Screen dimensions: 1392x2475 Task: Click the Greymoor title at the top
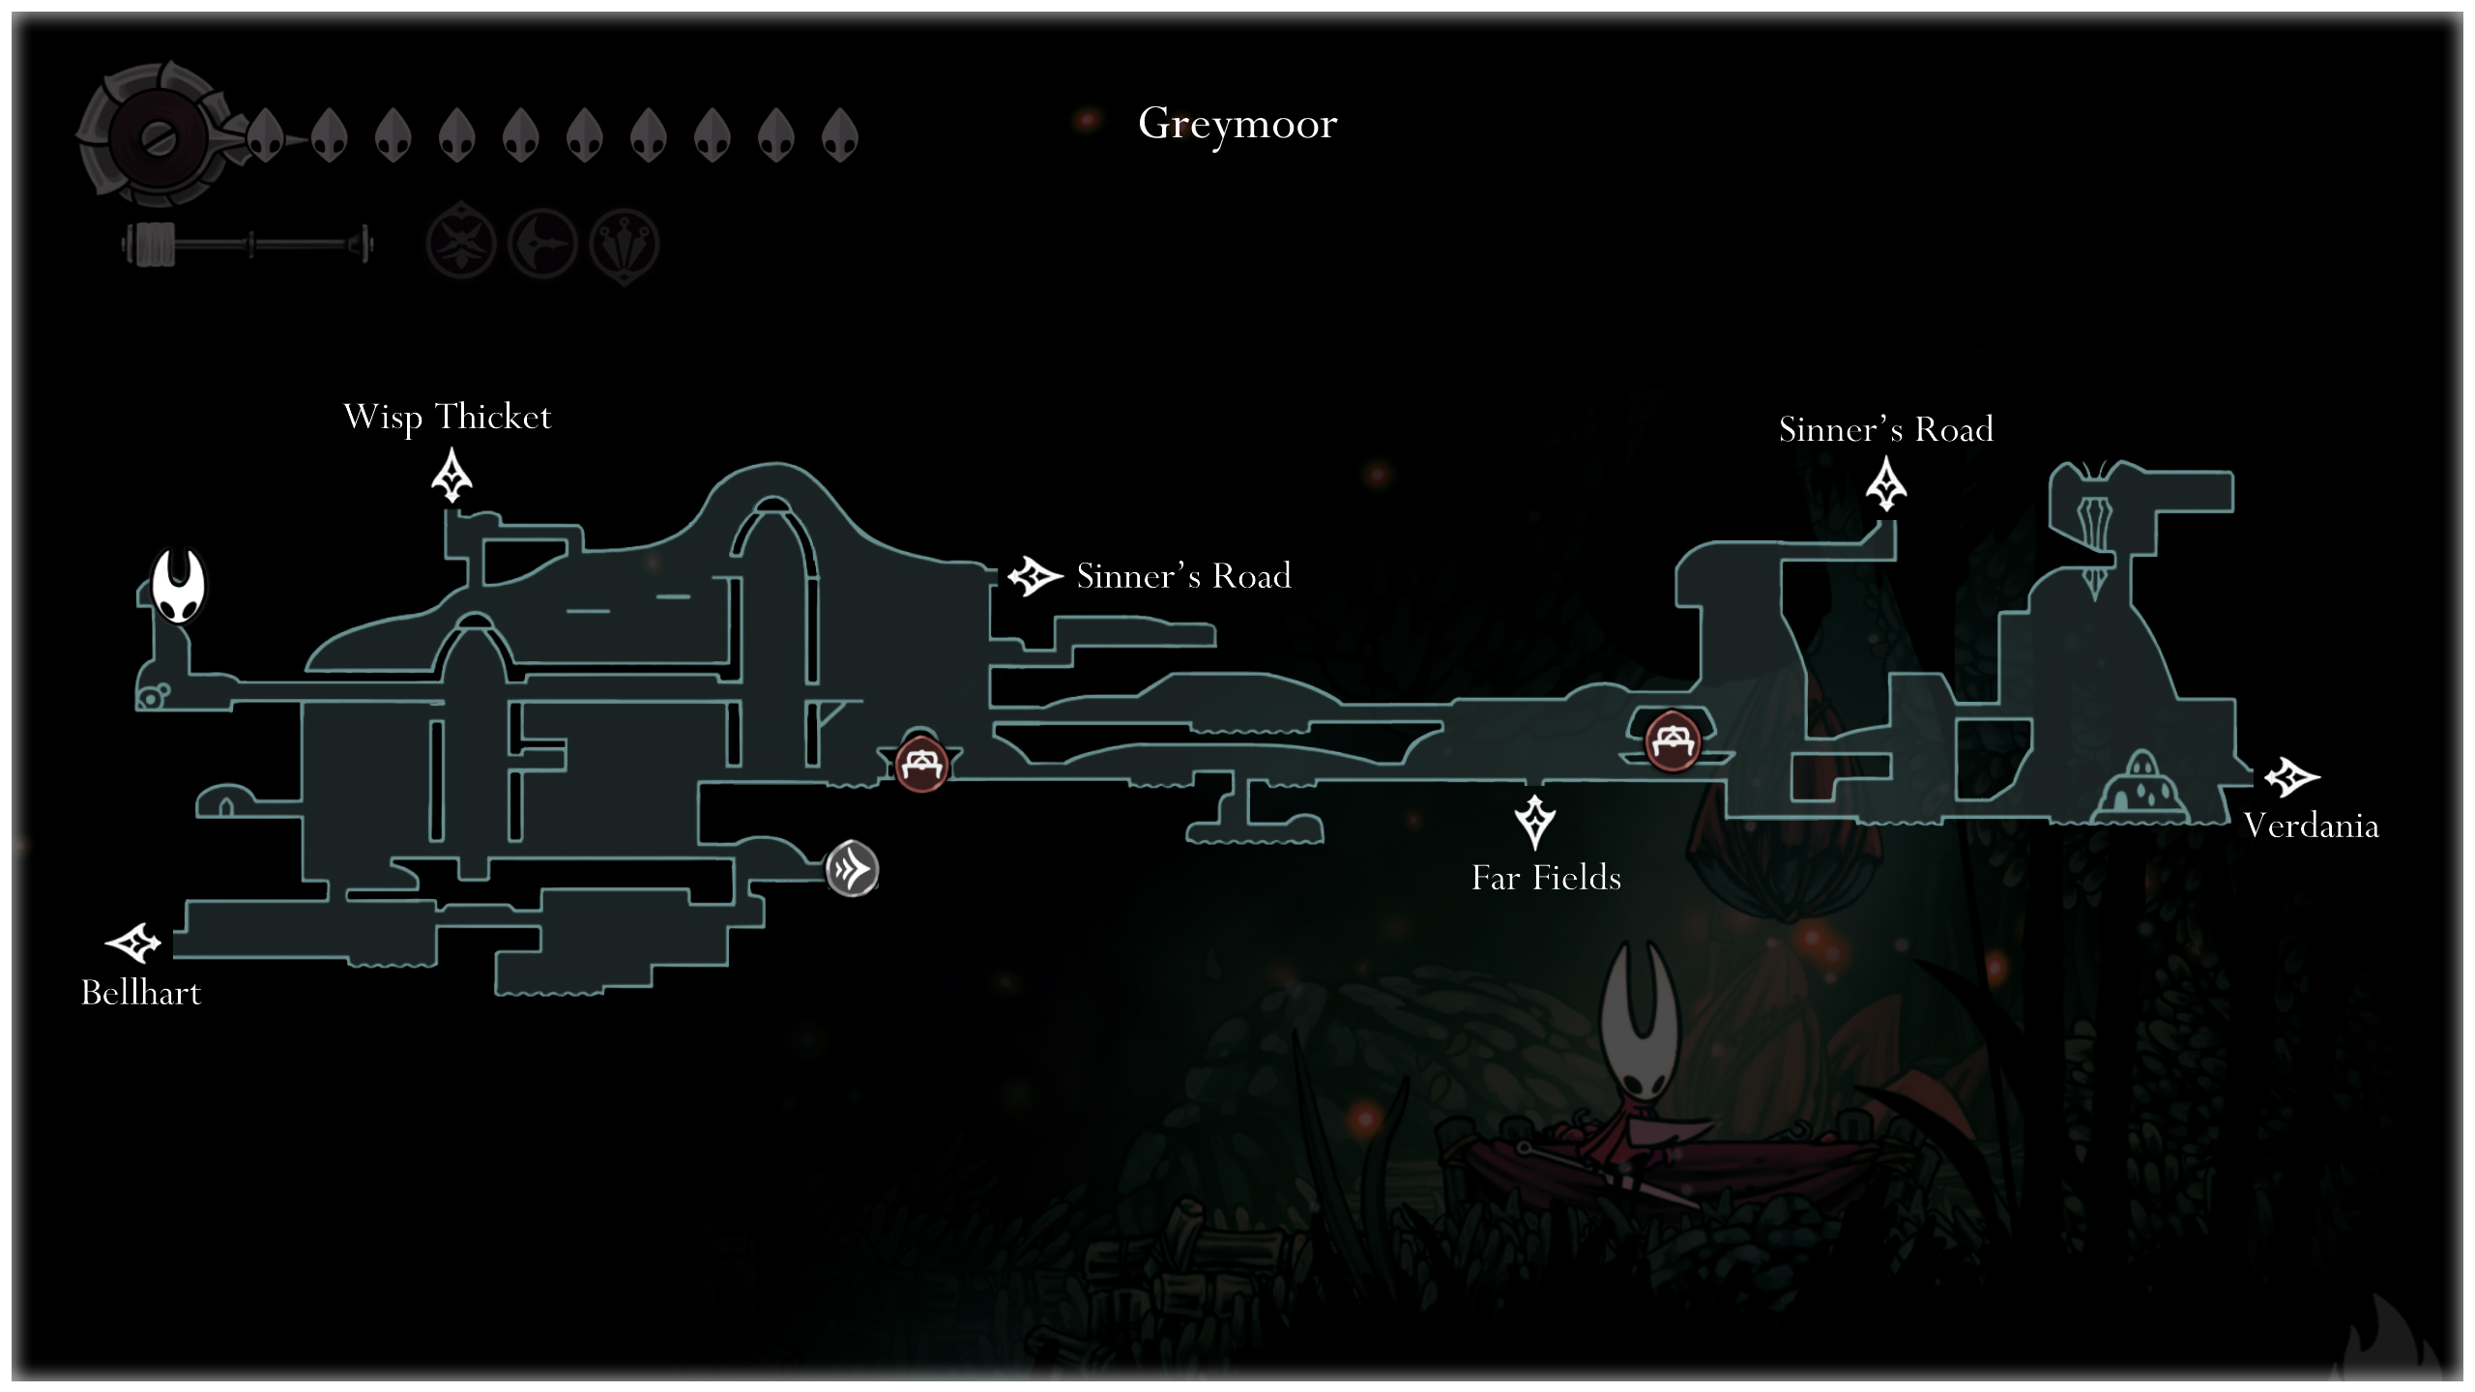tap(1237, 124)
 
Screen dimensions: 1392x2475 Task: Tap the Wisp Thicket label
tap(447, 418)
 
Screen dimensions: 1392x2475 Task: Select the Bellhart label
tap(141, 993)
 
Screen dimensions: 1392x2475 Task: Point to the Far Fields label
tap(1546, 878)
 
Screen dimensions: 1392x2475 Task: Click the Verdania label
tap(2311, 826)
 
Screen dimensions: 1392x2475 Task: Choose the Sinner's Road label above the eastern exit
tap(1885, 429)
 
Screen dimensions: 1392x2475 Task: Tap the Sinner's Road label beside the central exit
tap(1183, 576)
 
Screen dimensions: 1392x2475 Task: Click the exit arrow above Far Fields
tap(1534, 821)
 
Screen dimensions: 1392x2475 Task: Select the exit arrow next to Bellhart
tap(132, 942)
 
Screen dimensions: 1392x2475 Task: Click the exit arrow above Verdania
tap(2290, 776)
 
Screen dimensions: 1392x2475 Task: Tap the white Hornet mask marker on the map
tap(179, 586)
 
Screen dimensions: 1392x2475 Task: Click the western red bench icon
tap(920, 765)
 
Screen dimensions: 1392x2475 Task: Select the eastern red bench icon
tap(1672, 740)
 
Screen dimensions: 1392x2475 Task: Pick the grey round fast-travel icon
tap(852, 869)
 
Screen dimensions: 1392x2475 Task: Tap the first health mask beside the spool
tap(265, 135)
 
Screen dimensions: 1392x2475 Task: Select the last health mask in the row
tap(839, 135)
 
